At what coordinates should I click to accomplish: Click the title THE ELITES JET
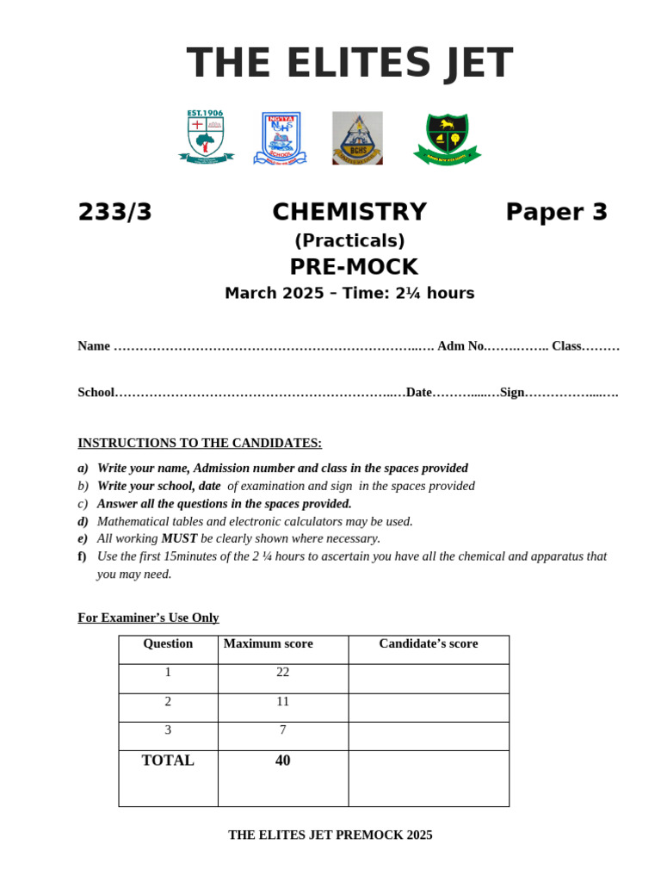point(349,64)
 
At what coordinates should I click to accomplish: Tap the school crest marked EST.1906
point(206,137)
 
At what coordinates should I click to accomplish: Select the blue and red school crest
point(280,138)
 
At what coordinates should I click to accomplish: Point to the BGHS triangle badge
point(357,138)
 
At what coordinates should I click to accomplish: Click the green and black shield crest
point(447,139)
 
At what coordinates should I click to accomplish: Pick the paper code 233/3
point(115,212)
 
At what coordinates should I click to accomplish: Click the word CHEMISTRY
point(349,212)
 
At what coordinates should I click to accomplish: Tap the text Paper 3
point(556,212)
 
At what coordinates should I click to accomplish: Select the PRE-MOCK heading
point(353,267)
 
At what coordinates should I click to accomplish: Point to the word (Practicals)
point(349,241)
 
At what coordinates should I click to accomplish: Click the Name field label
point(94,346)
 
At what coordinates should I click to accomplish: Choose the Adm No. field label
point(461,346)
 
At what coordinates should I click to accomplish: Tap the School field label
point(96,393)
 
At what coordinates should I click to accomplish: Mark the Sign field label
point(512,393)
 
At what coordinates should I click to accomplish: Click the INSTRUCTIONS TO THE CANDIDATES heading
point(200,443)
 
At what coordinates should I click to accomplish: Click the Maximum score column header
point(269,643)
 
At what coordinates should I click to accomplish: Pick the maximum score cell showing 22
point(283,672)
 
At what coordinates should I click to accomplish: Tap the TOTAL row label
point(168,761)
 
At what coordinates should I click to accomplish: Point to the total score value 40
point(283,761)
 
